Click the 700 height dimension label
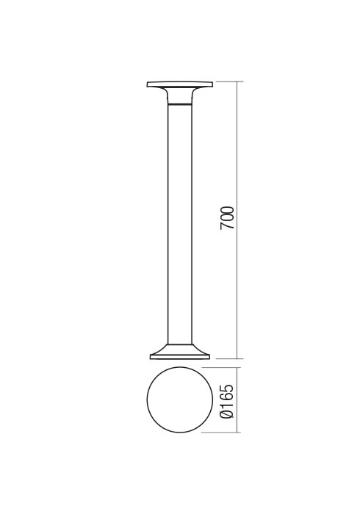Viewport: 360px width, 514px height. tap(228, 218)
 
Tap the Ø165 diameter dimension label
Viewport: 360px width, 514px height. tap(228, 401)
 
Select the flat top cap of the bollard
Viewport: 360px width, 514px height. tap(180, 84)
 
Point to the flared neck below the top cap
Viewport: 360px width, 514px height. tap(180, 95)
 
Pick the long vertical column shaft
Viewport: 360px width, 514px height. tap(180, 220)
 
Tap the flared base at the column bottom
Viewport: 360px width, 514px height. tap(180, 348)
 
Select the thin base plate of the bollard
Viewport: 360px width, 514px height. tap(180, 357)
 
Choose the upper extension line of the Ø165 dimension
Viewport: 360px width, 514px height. tap(224, 369)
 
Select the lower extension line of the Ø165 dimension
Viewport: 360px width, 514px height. tap(224, 432)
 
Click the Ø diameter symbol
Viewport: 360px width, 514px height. tap(228, 416)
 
